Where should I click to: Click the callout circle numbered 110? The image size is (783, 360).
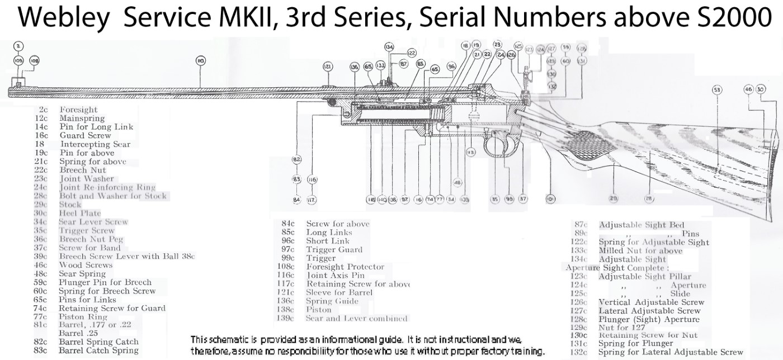tap(200, 60)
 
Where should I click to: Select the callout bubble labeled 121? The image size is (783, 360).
tap(328, 67)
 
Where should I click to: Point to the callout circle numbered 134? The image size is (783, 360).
tap(389, 46)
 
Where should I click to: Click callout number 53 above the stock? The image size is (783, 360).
tap(716, 89)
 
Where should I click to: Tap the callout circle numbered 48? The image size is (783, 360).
tap(457, 182)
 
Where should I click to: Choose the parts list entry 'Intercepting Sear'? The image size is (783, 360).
tap(95, 144)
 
